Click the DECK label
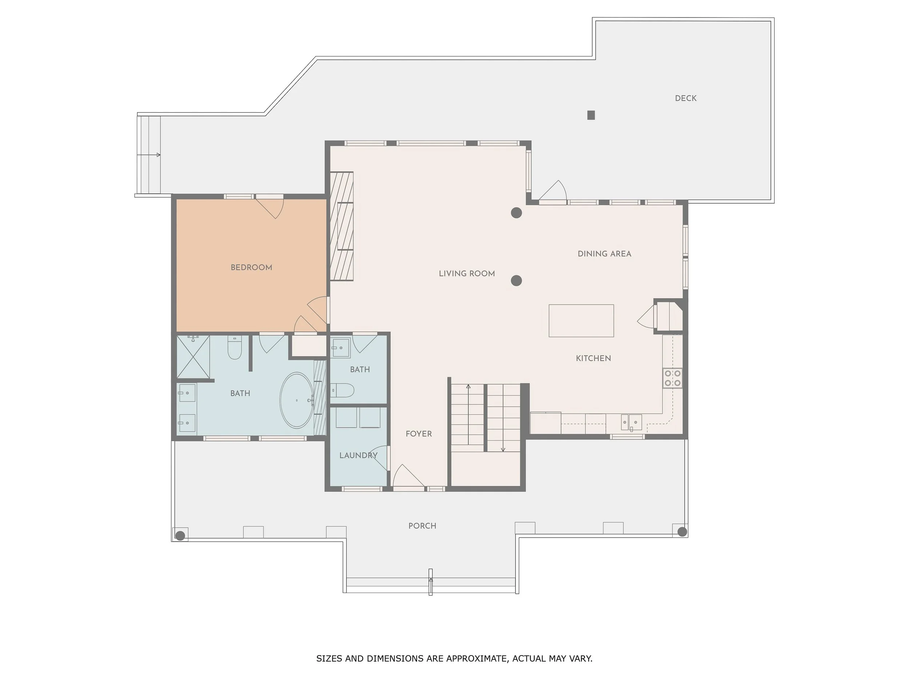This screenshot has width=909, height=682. (x=685, y=98)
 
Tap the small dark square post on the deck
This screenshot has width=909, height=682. (x=591, y=115)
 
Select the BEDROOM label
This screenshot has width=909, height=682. (x=251, y=268)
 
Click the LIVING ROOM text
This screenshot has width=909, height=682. (x=466, y=274)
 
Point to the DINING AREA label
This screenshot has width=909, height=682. (x=604, y=254)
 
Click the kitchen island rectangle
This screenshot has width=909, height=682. (x=581, y=321)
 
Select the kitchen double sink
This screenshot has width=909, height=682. (x=631, y=422)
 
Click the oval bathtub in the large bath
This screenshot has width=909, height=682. (x=297, y=400)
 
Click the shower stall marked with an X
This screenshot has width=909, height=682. (x=193, y=357)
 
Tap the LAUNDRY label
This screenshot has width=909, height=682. (x=358, y=455)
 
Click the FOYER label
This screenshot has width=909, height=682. (x=419, y=434)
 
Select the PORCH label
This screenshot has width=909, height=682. (x=422, y=526)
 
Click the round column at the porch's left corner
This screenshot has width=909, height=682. (x=180, y=535)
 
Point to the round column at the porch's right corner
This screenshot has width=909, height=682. (x=682, y=532)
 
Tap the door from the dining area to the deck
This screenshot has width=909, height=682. (x=553, y=192)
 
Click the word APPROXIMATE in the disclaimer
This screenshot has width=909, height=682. (x=476, y=659)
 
